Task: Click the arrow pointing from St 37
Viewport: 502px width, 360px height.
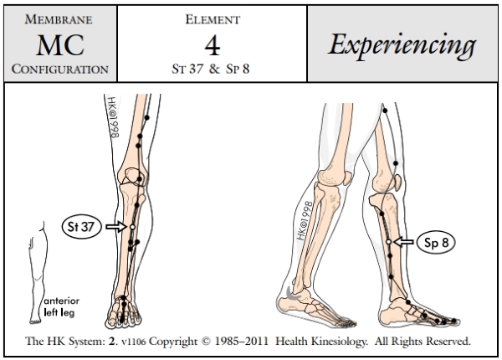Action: coord(116,226)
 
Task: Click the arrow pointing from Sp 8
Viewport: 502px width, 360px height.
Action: coord(404,242)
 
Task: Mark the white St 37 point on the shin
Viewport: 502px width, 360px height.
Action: coord(132,227)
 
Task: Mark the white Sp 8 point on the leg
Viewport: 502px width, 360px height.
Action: coord(388,242)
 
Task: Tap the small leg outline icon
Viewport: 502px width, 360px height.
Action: coord(33,268)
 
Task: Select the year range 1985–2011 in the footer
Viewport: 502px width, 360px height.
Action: coord(265,342)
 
